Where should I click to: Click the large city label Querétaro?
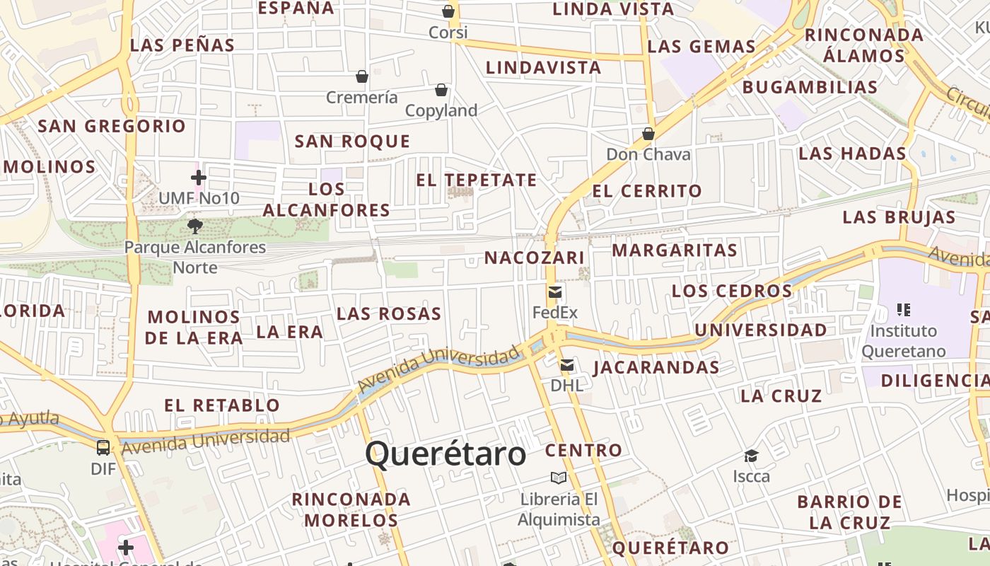coord(445,454)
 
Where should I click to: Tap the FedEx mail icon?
coord(555,291)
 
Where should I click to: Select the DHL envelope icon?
coord(567,365)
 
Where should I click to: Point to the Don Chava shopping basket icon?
coord(648,133)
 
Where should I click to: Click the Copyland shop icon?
coord(441,90)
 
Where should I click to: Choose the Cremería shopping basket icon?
coord(362,76)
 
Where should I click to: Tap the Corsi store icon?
coord(448,11)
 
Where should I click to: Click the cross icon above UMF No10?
coord(199,177)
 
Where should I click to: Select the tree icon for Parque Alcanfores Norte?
coord(195,226)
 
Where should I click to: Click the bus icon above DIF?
coord(103,447)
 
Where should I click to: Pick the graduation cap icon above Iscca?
coord(751,456)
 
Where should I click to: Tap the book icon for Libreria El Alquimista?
coord(559,478)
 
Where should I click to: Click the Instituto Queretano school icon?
coord(903,309)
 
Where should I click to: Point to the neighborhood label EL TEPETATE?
coord(476,180)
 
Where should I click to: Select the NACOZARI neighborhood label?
coord(534,258)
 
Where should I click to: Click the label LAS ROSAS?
coord(389,313)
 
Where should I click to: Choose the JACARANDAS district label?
coord(656,367)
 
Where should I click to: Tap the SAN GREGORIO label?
coord(112,127)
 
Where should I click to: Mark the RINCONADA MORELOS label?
coord(351,509)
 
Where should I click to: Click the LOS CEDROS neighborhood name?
coord(732,291)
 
